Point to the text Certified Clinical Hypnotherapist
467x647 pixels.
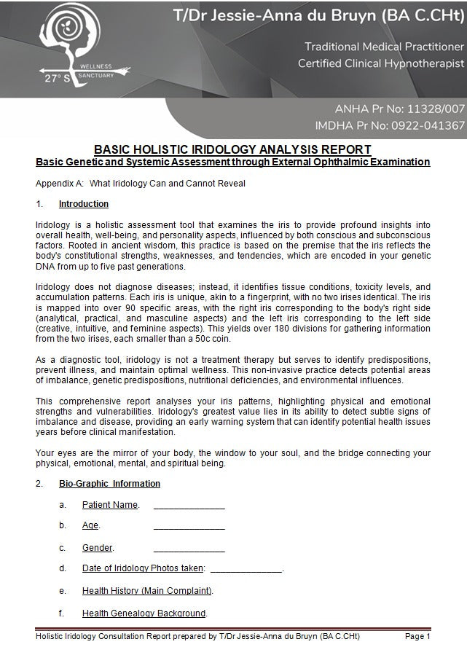[380, 64]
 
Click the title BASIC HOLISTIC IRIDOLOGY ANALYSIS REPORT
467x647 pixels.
[232, 149]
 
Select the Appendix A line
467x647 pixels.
[140, 183]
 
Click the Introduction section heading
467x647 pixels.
[84, 204]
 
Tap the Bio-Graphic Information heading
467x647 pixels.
[109, 484]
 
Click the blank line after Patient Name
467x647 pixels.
[189, 506]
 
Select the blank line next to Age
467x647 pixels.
[189, 526]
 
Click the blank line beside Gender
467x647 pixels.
[189, 548]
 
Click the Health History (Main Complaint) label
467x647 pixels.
[146, 591]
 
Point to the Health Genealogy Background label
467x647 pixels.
[144, 613]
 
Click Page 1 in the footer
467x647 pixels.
[417, 637]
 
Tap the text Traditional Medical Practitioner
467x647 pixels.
[384, 47]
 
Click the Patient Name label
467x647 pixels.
[109, 505]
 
